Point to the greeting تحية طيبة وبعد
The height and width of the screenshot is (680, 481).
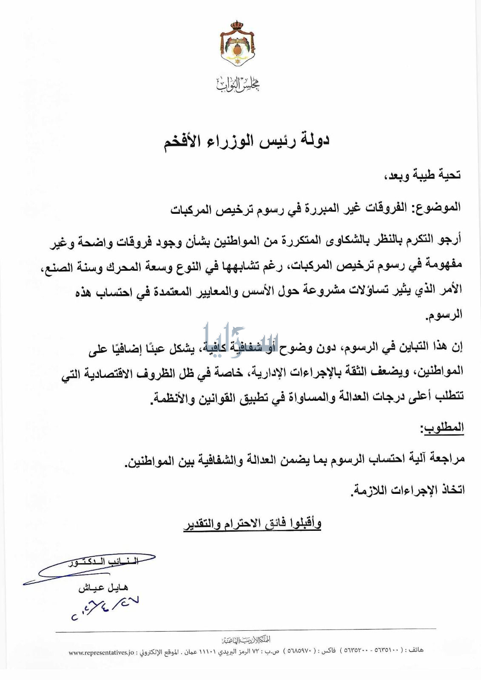(424, 175)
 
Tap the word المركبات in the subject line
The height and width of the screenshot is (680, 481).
(192, 209)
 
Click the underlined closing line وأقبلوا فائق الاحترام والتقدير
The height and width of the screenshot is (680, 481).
(252, 524)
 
